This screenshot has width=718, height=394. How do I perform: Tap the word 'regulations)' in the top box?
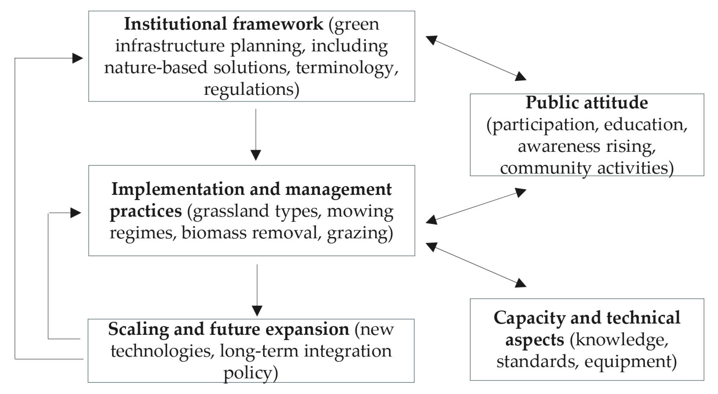[251, 90]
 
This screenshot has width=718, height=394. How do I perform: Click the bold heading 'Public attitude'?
[587, 103]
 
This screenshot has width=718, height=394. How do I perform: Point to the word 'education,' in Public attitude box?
[646, 125]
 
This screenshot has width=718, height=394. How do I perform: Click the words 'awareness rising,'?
[587, 147]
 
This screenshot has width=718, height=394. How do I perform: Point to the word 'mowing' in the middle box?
[360, 212]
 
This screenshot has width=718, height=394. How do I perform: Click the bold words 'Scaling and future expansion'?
[229, 329]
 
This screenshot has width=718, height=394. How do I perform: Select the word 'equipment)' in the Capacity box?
[631, 362]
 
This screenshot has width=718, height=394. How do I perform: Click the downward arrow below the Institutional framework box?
[256, 135]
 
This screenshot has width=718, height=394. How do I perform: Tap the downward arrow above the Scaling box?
[257, 290]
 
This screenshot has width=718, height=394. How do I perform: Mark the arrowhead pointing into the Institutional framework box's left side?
[78, 58]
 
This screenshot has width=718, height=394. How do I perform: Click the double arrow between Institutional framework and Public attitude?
[476, 58]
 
